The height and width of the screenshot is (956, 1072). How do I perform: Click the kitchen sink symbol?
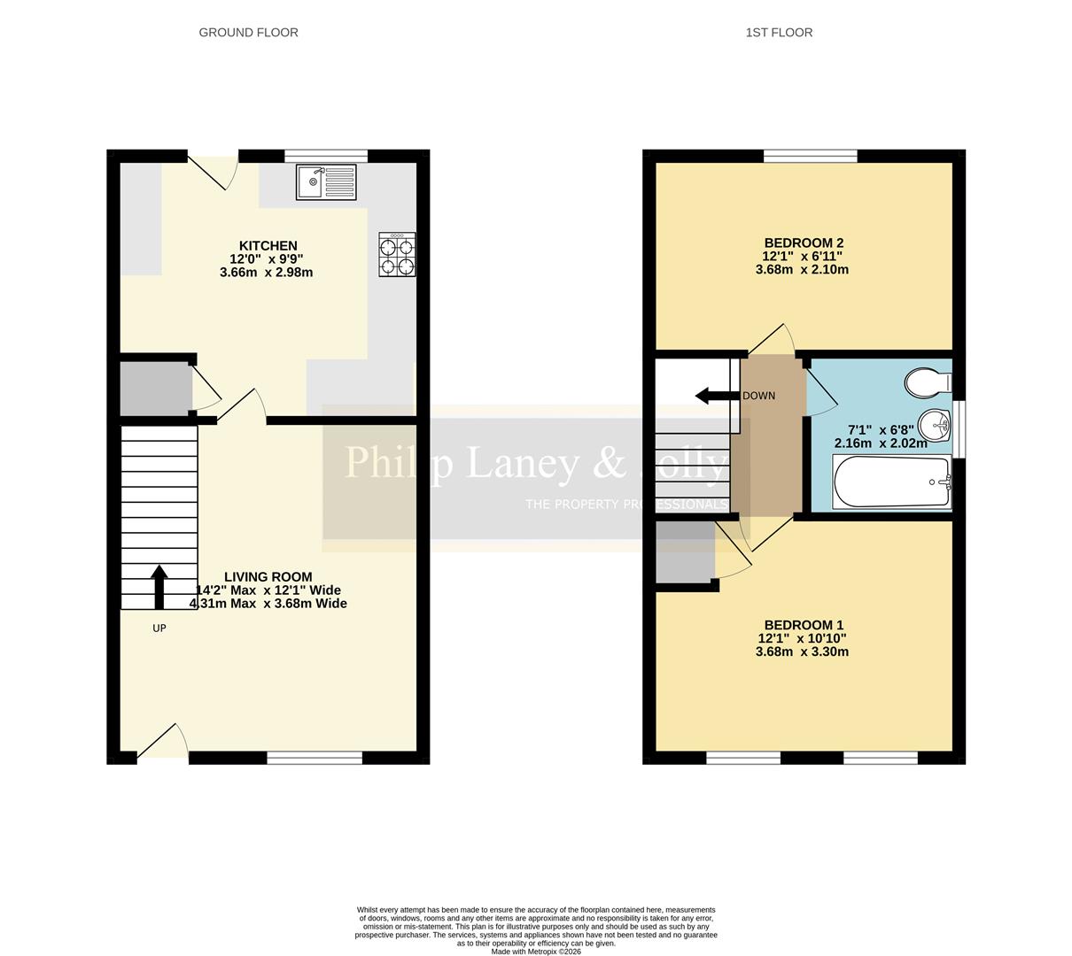point(326,182)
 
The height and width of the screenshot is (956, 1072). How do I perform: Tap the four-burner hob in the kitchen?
point(397,254)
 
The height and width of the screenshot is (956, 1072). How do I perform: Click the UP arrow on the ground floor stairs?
point(159,588)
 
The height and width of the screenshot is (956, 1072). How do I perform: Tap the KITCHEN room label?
point(268,246)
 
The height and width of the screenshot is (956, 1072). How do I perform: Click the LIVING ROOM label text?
point(268,577)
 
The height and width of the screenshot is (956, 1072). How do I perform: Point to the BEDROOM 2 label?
point(803,243)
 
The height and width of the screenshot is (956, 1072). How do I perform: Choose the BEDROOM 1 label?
point(803,625)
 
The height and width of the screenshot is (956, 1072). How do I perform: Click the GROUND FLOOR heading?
point(248,33)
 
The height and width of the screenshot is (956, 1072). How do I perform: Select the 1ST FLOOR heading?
point(779,33)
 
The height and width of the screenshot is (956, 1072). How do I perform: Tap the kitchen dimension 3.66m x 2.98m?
point(266,273)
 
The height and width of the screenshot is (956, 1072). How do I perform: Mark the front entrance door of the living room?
point(163,744)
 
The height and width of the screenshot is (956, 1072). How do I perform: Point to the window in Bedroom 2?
point(810,157)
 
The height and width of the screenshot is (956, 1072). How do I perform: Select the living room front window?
point(315,758)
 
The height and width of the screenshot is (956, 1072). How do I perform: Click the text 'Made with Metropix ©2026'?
point(536,952)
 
